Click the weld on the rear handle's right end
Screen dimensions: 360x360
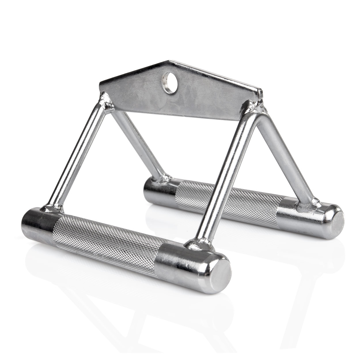[x=308, y=203]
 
